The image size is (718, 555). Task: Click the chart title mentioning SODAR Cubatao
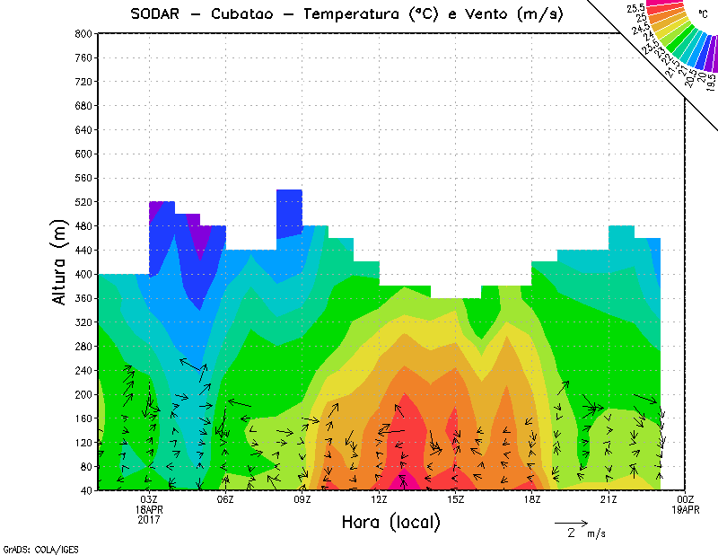[x=346, y=13]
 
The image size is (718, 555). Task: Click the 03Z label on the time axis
[x=149, y=499]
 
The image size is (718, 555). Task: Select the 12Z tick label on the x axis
[x=379, y=499]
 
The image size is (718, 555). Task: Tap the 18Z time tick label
[x=532, y=499]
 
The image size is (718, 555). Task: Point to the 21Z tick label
[x=609, y=499]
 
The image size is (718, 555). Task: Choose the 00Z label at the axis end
[x=686, y=499]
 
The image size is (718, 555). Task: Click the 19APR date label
[x=686, y=509]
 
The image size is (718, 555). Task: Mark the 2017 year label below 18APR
[x=149, y=519]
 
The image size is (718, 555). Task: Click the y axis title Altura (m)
[x=59, y=260]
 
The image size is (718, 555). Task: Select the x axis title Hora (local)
[x=391, y=522]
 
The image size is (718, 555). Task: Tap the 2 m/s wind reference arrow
[x=571, y=522]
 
